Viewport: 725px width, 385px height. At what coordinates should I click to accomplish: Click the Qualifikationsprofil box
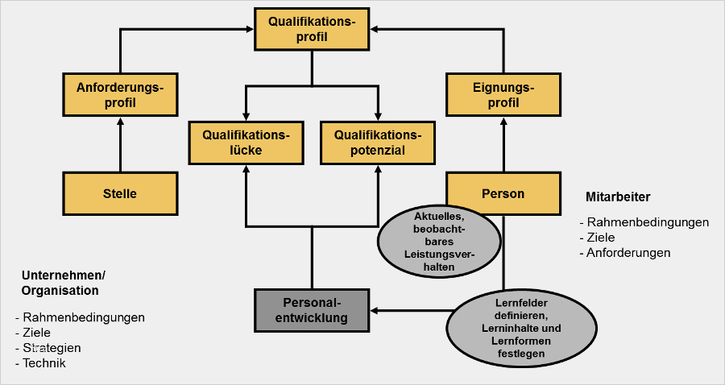(x=312, y=29)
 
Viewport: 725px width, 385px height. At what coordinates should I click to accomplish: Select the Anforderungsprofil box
(x=120, y=94)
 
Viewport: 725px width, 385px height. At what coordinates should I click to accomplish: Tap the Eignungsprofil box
(x=503, y=94)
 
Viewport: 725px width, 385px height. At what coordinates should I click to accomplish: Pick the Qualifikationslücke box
(x=245, y=142)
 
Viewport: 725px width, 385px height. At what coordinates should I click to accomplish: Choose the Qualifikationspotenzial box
(x=377, y=142)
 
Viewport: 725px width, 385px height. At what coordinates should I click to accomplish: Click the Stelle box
(x=120, y=193)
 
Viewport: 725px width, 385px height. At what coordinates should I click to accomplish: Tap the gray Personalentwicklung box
(x=312, y=310)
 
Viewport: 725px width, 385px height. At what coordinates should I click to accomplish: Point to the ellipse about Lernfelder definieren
(x=505, y=327)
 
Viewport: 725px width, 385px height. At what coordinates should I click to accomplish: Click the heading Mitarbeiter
(x=618, y=197)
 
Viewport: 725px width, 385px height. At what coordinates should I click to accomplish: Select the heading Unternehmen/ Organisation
(x=63, y=283)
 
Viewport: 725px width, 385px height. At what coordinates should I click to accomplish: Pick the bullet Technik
(x=44, y=363)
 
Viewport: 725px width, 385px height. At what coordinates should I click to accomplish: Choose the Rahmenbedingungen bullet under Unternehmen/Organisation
(x=84, y=317)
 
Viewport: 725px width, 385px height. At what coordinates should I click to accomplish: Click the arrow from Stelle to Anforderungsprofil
(x=120, y=145)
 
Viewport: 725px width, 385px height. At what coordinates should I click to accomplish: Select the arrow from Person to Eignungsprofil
(x=503, y=145)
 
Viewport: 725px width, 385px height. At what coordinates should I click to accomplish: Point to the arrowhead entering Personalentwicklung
(x=375, y=310)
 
